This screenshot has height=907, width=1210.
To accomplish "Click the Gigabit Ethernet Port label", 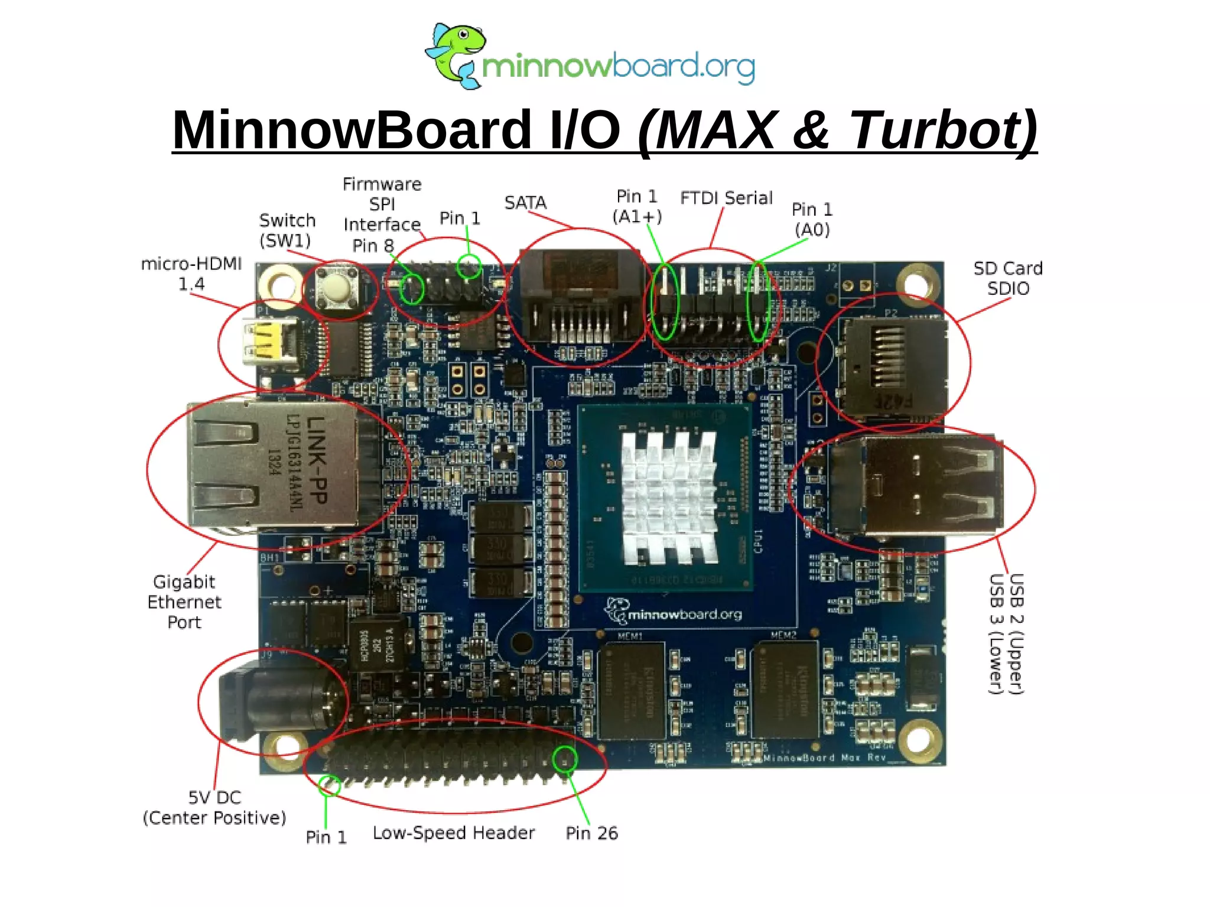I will point(184,602).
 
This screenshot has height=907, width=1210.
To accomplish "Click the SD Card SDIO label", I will point(1008,278).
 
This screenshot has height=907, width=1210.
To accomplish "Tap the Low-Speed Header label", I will point(453,833).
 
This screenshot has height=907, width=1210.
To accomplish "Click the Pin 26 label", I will point(591,833).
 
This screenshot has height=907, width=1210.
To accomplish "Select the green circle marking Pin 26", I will point(565,759).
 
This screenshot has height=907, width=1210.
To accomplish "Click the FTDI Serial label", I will point(726,198).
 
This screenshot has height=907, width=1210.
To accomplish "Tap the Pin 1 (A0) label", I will point(812,219).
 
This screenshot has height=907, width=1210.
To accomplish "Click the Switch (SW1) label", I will point(287,230).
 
